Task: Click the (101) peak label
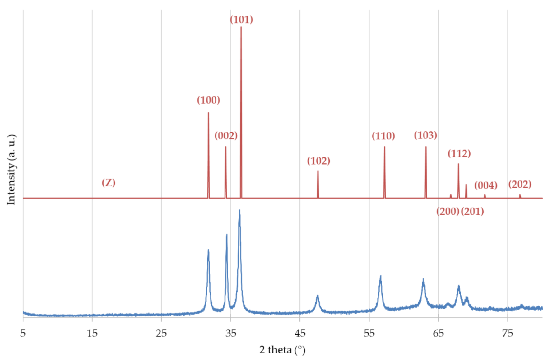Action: (x=241, y=20)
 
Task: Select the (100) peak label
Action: (x=208, y=100)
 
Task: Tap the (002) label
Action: (x=226, y=136)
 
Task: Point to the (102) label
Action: (x=318, y=161)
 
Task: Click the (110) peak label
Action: (x=383, y=136)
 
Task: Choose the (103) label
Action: (x=425, y=135)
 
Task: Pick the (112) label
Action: (x=459, y=153)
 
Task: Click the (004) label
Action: (x=486, y=185)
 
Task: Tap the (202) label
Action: (x=520, y=184)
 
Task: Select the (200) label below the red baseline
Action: (x=448, y=211)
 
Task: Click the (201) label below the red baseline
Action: (x=472, y=211)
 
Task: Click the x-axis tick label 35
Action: (x=231, y=333)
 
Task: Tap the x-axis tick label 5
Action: (x=23, y=333)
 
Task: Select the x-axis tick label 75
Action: (x=508, y=333)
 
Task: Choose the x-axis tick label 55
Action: (x=369, y=333)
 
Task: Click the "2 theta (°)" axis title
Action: (x=282, y=350)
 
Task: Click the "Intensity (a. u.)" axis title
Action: (x=11, y=170)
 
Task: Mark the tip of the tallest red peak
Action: (x=241, y=27)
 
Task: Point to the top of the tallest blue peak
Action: (x=239, y=210)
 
